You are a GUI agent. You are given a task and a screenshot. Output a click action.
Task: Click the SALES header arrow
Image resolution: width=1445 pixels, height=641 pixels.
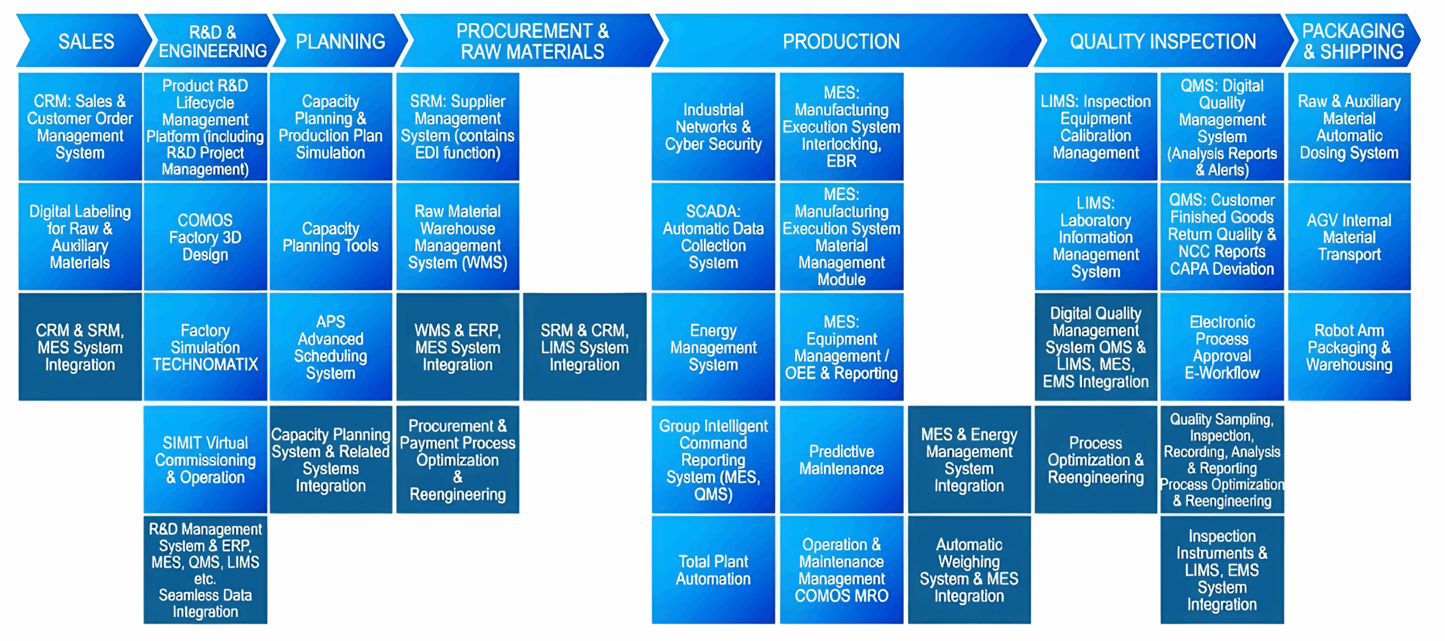[86, 41]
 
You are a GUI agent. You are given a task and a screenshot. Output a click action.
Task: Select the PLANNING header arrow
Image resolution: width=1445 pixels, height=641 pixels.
[340, 41]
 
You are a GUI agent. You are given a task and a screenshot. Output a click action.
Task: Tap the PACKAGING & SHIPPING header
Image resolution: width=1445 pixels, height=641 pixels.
[1352, 41]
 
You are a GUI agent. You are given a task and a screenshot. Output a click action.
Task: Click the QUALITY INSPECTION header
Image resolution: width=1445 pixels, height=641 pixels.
[1163, 41]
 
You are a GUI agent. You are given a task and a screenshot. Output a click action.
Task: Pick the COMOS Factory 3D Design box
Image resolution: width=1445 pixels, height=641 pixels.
[205, 237]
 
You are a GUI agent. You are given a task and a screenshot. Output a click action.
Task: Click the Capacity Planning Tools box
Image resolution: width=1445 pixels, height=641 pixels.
[330, 237]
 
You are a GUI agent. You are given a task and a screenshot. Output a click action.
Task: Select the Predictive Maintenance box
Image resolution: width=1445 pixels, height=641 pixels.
[841, 460]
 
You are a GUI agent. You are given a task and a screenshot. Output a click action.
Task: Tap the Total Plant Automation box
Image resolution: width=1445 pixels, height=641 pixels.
[713, 570]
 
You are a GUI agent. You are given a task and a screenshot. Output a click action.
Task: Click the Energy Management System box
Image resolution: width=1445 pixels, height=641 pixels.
[713, 347]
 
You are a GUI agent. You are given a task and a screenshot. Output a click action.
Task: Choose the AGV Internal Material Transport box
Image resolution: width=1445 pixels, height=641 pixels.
[1349, 237]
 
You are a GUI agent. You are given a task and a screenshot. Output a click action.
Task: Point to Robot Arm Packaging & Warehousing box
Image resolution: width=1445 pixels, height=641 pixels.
[1349, 347]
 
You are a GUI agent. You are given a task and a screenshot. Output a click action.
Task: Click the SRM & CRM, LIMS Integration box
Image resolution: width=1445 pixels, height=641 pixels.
[584, 347]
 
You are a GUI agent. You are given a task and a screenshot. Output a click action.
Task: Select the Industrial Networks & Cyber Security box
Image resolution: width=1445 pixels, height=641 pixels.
[713, 127]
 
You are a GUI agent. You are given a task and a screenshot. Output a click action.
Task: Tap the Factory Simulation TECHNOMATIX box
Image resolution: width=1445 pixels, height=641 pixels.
[205, 347]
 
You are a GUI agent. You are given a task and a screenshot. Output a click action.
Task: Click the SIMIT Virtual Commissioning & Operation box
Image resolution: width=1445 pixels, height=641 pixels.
[205, 460]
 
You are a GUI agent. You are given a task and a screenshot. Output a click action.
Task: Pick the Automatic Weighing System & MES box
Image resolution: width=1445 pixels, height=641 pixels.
[969, 570]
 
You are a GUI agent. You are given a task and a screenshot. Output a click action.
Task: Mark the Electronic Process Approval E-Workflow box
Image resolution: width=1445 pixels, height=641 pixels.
[1221, 347]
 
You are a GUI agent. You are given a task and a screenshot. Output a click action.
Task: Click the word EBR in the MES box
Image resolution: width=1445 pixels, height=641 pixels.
[841, 162]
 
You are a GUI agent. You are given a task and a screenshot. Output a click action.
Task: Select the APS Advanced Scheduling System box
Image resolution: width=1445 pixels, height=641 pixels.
[330, 347]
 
